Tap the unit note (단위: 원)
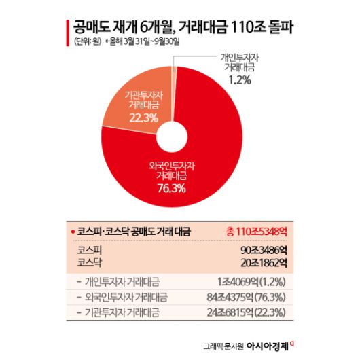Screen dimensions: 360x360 86,43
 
